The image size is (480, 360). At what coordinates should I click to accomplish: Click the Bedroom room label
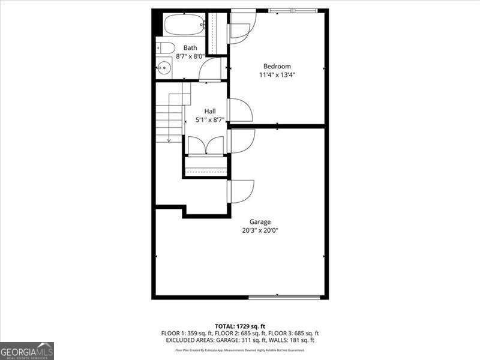277,66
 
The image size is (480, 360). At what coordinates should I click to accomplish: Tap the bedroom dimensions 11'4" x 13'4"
277,75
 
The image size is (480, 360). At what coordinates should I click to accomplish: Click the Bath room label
190,48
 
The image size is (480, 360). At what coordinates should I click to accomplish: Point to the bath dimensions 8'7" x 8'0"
190,56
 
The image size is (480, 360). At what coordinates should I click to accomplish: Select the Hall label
210,111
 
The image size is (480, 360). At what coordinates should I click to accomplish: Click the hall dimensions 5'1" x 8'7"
210,120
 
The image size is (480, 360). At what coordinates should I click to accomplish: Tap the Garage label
260,221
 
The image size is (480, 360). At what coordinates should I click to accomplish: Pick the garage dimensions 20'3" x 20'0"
260,230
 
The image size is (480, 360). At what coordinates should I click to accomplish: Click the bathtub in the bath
184,26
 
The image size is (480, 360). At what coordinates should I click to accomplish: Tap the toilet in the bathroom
166,48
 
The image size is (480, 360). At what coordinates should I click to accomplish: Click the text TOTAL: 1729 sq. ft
240,326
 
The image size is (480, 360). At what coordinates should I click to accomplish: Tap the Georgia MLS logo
27,350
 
